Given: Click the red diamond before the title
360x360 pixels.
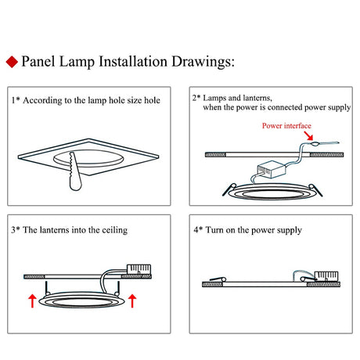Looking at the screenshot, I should click(11, 61).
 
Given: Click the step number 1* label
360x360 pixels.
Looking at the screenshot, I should click(15, 100).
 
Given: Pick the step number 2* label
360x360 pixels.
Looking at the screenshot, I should click(196, 97).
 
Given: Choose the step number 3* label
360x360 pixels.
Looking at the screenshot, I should click(16, 231).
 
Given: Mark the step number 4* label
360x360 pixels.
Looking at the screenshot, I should click(196, 231).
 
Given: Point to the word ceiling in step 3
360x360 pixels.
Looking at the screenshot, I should click(114, 231).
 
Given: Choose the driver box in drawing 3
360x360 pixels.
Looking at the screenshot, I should click(142, 271).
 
